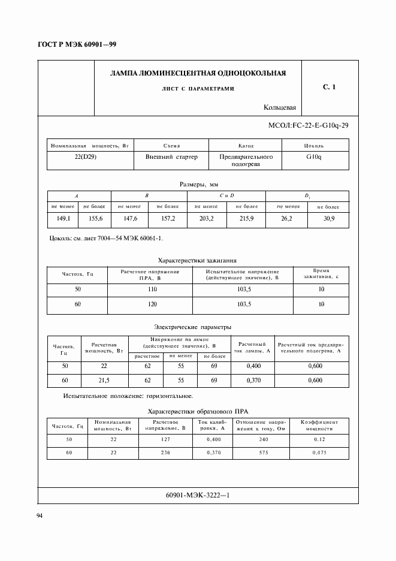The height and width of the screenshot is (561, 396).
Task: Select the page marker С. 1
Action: pyautogui.click(x=329, y=87)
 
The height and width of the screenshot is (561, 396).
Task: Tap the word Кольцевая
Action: pyautogui.click(x=280, y=108)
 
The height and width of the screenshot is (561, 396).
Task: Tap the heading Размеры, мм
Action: pyautogui.click(x=198, y=185)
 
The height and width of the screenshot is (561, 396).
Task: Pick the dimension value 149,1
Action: pyautogui.click(x=64, y=219)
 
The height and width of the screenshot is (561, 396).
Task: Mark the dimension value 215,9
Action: pyautogui.click(x=246, y=219)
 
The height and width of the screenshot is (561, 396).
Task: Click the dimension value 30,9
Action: pyautogui.click(x=328, y=219)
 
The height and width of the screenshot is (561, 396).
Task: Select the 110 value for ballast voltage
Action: pyautogui.click(x=152, y=289)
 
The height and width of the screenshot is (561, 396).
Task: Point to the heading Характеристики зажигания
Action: pyautogui.click(x=197, y=261)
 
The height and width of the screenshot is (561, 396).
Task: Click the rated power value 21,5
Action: pyautogui.click(x=103, y=381)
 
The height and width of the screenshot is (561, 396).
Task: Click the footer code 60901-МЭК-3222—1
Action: pyautogui.click(x=197, y=496)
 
